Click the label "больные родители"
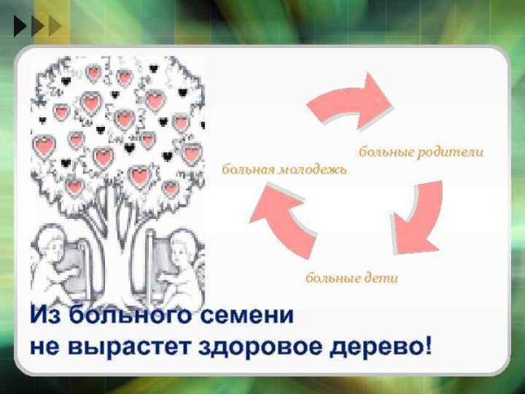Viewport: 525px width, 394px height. [x=421, y=151]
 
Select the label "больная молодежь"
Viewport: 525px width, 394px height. [x=284, y=168]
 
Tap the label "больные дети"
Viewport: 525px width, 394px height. [x=352, y=278]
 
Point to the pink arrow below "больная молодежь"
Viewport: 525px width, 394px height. [x=282, y=222]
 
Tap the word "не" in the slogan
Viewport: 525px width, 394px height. [x=45, y=345]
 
